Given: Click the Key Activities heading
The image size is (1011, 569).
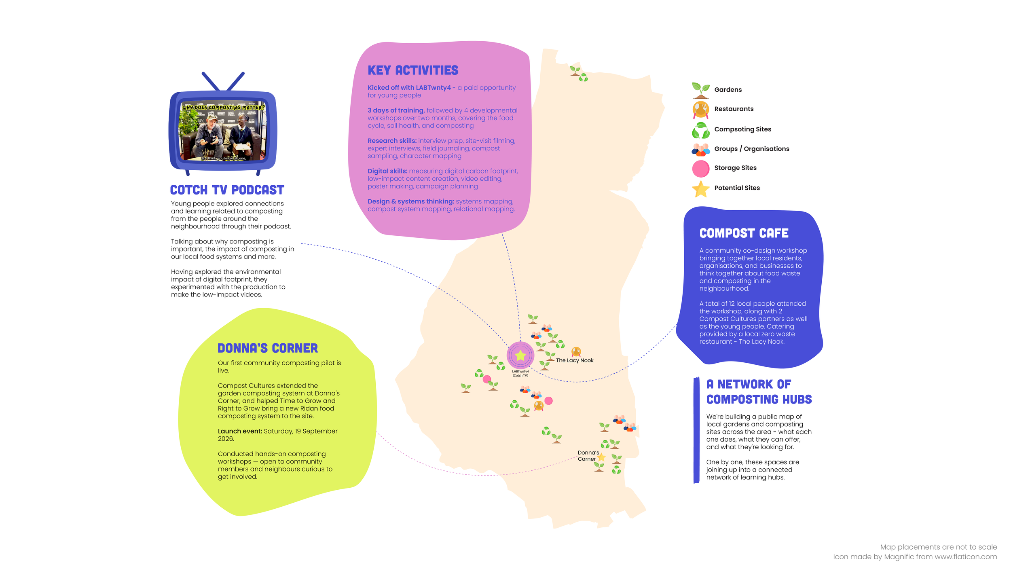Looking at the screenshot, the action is (413, 70).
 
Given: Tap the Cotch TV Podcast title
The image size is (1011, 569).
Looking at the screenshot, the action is (227, 190).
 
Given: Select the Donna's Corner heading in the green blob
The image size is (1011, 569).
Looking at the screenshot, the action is (268, 348).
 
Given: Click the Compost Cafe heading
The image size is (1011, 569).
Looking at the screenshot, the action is (744, 233).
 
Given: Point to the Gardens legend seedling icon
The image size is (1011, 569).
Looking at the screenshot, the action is (700, 90).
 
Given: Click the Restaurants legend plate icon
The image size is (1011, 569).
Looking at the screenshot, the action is (700, 110).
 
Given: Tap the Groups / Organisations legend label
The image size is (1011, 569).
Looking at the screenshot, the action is (751, 149).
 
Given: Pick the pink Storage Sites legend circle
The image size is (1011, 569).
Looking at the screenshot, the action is (700, 169).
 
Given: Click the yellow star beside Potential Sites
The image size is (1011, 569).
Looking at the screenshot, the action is (700, 189).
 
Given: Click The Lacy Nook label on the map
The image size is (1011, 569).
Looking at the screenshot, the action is (575, 360).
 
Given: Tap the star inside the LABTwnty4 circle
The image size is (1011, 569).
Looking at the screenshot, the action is (520, 355).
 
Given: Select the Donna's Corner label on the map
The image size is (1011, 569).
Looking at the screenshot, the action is (588, 456).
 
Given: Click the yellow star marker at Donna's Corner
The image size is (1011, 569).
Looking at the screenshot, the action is (601, 457).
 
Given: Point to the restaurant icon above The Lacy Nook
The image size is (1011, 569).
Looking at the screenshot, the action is (576, 351).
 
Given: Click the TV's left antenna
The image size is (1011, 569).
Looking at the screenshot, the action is (211, 81).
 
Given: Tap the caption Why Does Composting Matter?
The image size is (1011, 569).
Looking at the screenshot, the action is (223, 107).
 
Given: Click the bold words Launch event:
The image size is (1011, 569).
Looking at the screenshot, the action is (240, 431).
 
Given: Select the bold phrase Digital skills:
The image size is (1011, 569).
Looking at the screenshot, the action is (387, 171).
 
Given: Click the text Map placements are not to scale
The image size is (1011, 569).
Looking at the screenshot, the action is (938, 547).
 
